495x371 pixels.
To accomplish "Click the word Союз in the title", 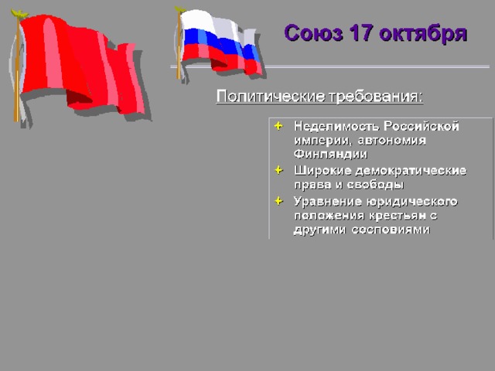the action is tap(313, 33).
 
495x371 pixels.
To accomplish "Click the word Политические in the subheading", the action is tap(271, 96).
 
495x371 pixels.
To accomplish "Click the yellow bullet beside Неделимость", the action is tap(278, 126).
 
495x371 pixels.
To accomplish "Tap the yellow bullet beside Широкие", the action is tap(278, 170).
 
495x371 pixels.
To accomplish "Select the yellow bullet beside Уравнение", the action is tap(278, 201).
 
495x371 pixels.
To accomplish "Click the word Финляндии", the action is tap(330, 154).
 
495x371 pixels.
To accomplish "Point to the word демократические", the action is tap(411, 171).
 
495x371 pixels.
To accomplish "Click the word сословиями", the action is tap(391, 230).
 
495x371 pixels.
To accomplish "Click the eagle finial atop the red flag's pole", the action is tap(19, 14).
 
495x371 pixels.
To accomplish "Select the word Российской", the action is tap(421, 126).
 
